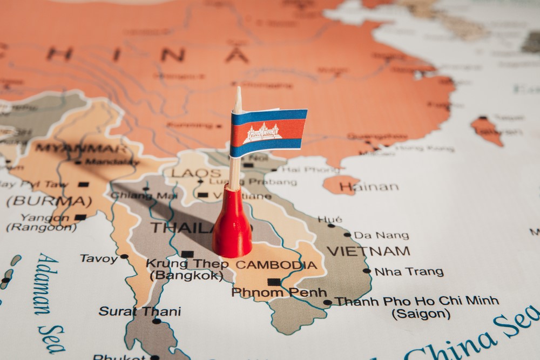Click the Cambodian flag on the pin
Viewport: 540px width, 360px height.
[x=268, y=133]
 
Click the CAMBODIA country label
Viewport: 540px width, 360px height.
[x=276, y=265]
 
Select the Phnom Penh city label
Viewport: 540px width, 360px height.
[x=279, y=293]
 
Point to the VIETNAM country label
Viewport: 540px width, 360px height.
[x=368, y=251]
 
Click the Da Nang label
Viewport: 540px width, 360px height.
[x=381, y=235]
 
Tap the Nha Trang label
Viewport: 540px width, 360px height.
[x=409, y=271]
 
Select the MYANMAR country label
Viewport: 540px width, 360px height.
[x=82, y=148]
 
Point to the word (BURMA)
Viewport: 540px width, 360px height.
[x=49, y=201]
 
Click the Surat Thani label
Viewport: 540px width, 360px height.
[x=139, y=311]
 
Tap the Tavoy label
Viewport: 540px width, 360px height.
[x=99, y=259]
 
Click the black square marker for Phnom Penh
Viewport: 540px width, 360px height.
[x=274, y=282]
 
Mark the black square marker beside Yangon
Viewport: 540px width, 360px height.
[x=80, y=218]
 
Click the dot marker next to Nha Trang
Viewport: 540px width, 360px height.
[x=367, y=271]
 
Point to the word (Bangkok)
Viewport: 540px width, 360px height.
[x=186, y=276]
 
